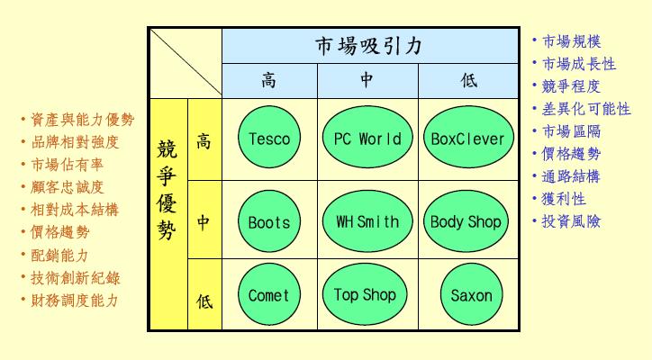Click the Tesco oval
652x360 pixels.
[269, 137]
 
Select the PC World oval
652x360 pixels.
[367, 137]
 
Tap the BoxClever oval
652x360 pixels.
[468, 137]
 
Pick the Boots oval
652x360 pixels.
[269, 221]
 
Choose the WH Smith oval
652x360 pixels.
[367, 221]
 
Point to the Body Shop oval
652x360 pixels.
[466, 221]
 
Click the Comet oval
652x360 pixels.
[269, 294]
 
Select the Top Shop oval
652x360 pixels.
[365, 294]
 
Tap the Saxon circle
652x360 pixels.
[472, 294]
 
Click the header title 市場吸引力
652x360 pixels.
[369, 46]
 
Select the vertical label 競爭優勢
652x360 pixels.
[167, 190]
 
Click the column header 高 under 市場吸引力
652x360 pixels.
[269, 80]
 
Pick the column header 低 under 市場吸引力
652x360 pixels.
[468, 80]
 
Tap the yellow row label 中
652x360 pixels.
[204, 223]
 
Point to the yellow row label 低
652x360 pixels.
[204, 301]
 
